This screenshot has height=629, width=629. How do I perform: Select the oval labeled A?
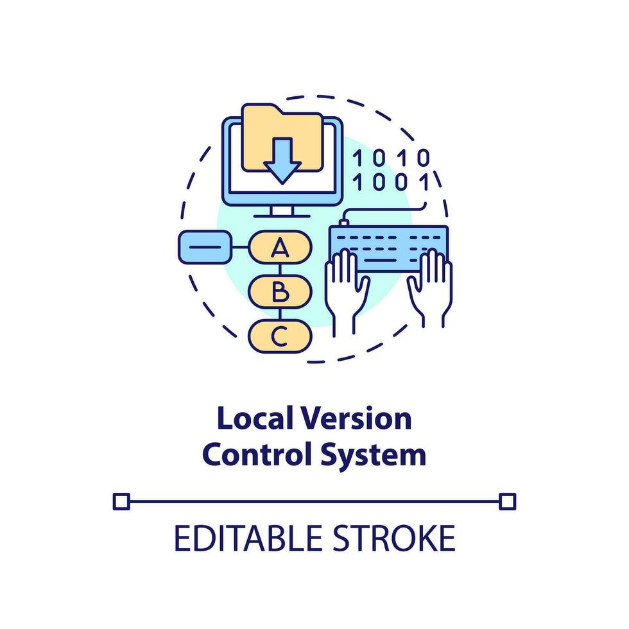[x=279, y=247]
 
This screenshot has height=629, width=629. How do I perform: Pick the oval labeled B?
[x=279, y=292]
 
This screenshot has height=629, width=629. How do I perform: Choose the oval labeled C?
[x=279, y=336]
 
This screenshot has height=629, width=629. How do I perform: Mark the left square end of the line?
[x=121, y=501]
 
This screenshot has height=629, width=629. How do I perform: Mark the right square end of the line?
[x=507, y=501]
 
